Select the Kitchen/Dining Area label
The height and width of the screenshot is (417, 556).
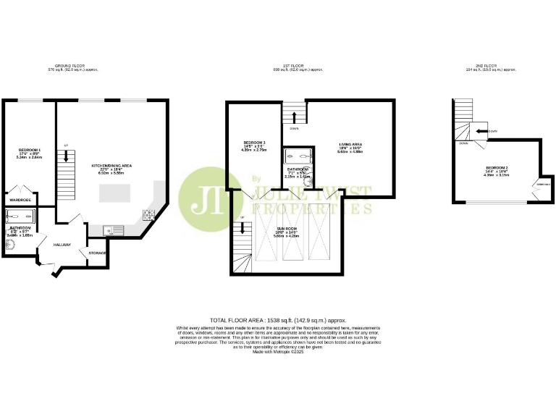point(111,166)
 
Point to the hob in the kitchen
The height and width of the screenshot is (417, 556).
point(148,214)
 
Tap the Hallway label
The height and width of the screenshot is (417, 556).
point(62,245)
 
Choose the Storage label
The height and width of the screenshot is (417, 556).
point(98,253)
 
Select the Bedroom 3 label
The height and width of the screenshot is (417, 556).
point(254,142)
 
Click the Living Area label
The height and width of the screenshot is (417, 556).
point(350,145)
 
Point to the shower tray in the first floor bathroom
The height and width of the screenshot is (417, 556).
point(297,154)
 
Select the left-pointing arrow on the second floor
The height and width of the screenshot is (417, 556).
point(480,131)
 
